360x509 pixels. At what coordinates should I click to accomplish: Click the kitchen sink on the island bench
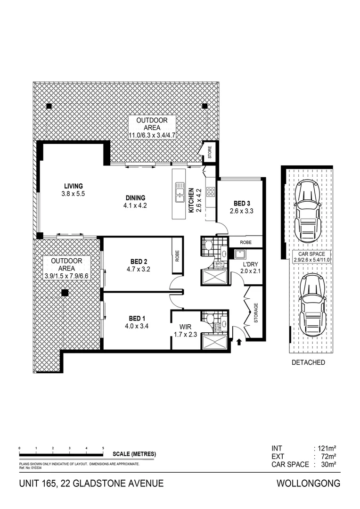pyautogui.click(x=180, y=192)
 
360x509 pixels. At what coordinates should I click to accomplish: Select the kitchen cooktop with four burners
pyautogui.click(x=211, y=192)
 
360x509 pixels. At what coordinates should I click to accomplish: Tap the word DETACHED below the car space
pyautogui.click(x=308, y=362)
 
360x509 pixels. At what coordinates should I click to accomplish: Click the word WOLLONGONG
pyautogui.click(x=308, y=484)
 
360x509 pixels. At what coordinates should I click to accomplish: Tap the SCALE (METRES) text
pyautogui.click(x=134, y=454)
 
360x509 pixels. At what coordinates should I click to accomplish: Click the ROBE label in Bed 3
pyautogui.click(x=245, y=242)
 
